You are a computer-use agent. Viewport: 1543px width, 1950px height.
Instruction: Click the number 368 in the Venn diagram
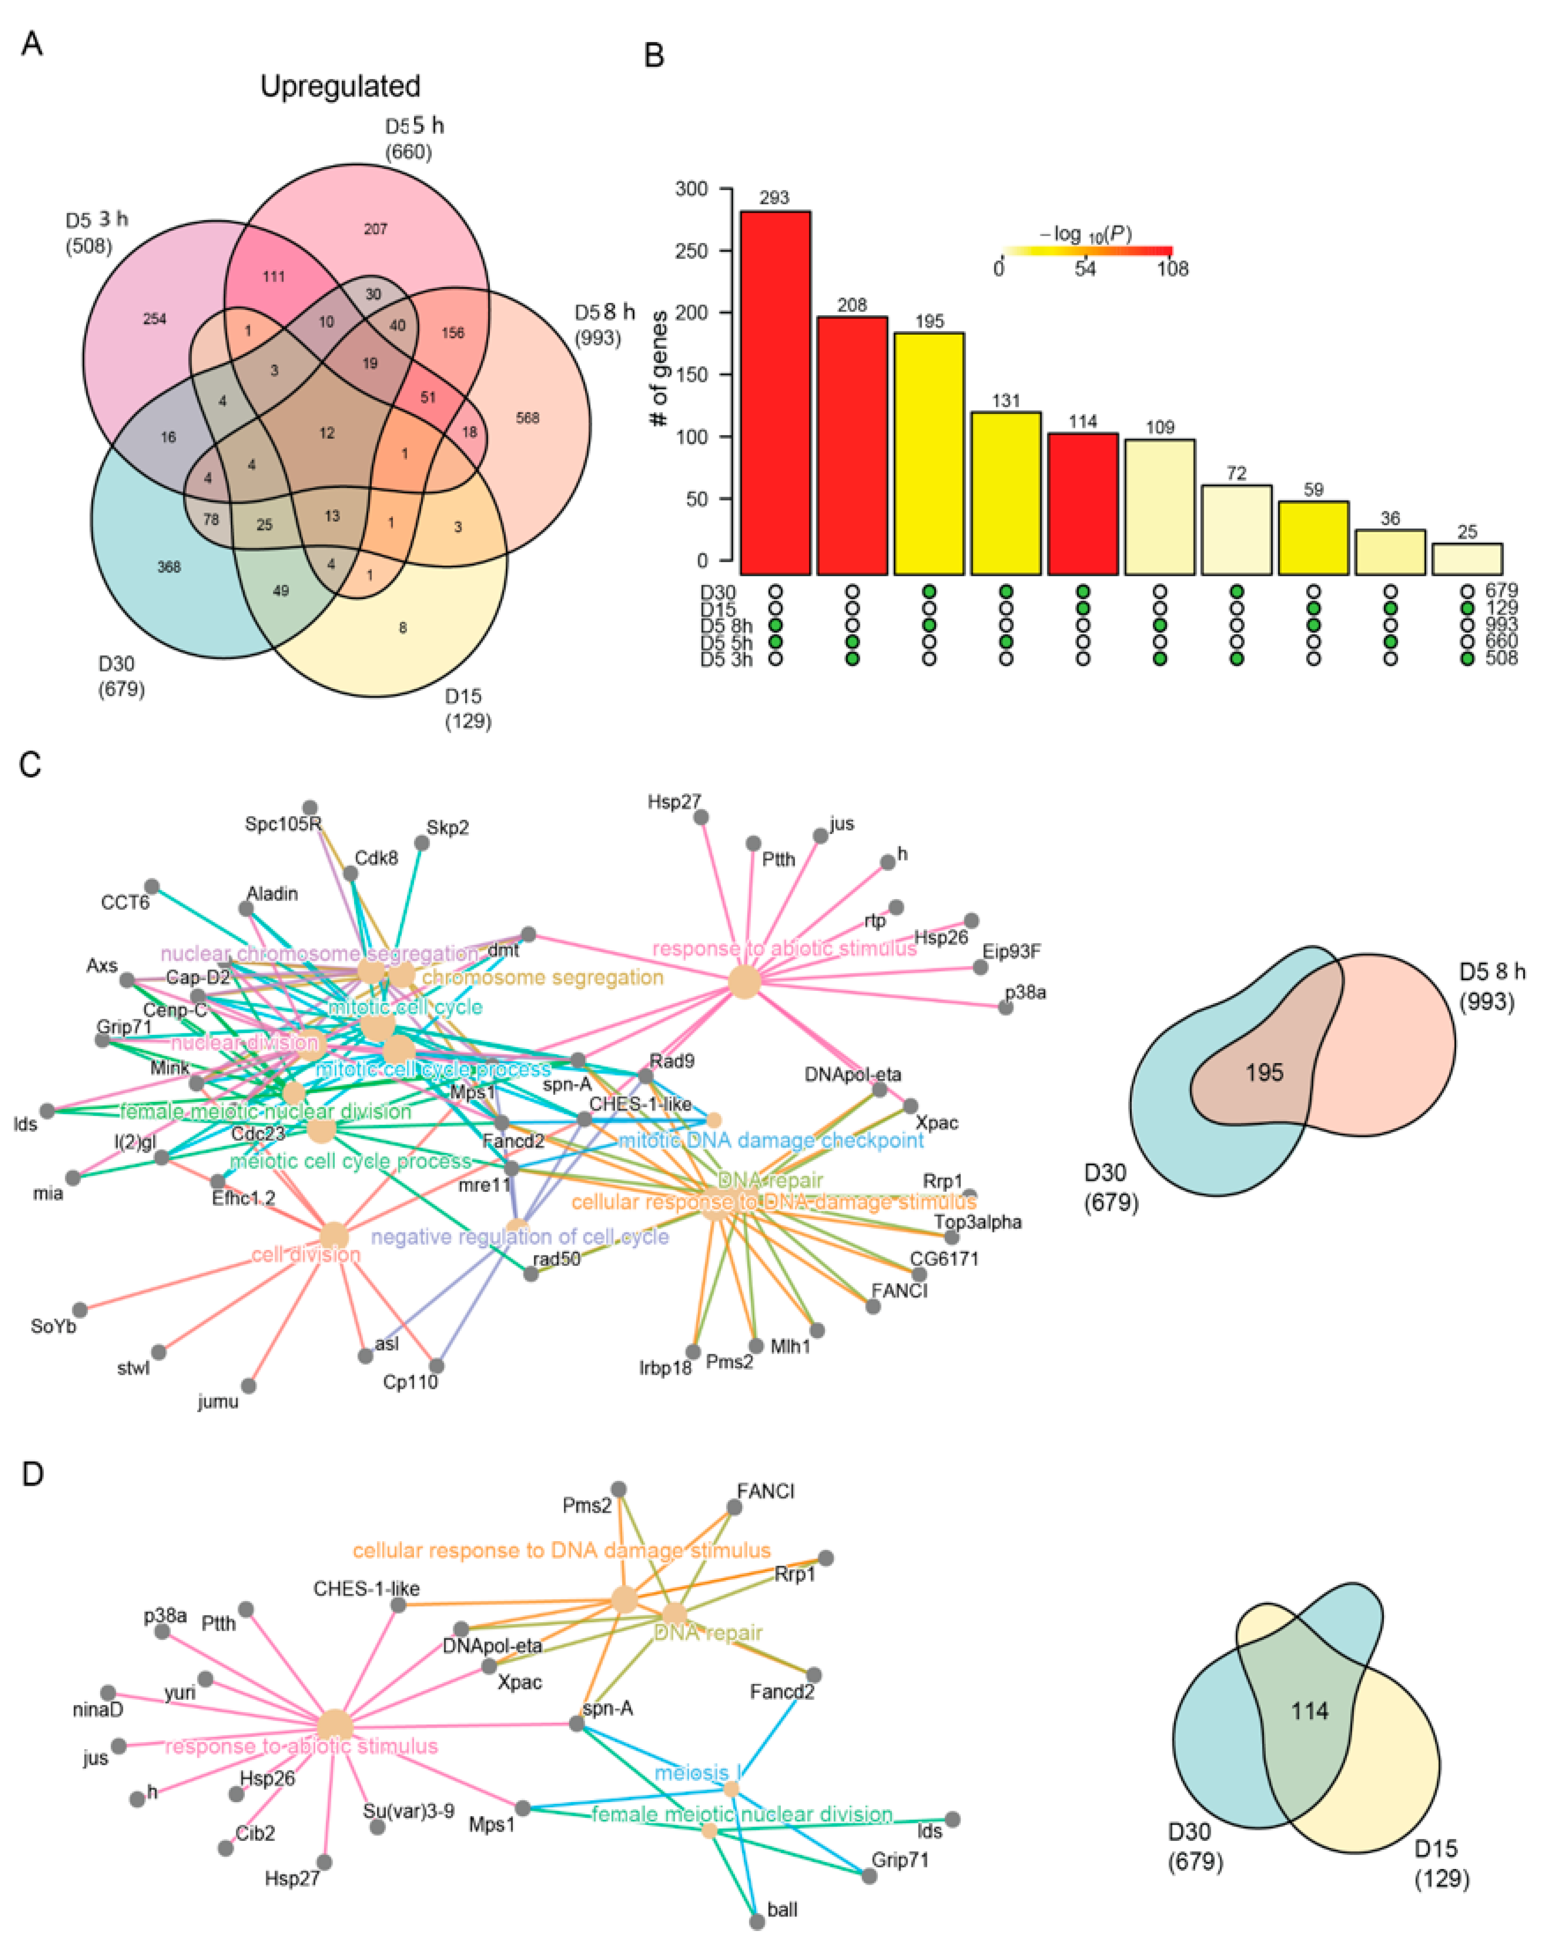169,567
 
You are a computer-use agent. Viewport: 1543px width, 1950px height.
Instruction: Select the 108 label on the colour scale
1172,268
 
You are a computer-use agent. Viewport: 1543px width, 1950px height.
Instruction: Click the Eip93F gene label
1012,951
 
